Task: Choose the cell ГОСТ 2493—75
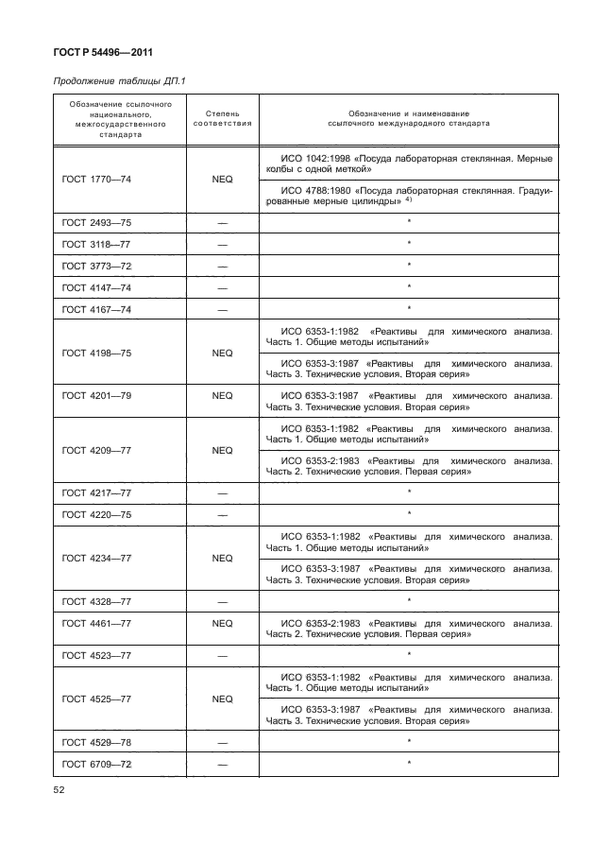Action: (96, 222)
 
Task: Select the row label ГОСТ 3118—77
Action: (96, 244)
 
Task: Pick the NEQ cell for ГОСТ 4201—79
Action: (222, 396)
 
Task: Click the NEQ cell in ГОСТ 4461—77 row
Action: (222, 624)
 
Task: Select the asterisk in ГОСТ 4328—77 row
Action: (409, 600)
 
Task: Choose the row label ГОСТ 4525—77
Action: (96, 699)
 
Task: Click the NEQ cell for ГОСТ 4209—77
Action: (222, 450)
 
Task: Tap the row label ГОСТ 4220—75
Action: (96, 514)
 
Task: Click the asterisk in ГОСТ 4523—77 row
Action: (409, 653)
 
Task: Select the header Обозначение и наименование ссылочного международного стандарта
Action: (408, 117)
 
